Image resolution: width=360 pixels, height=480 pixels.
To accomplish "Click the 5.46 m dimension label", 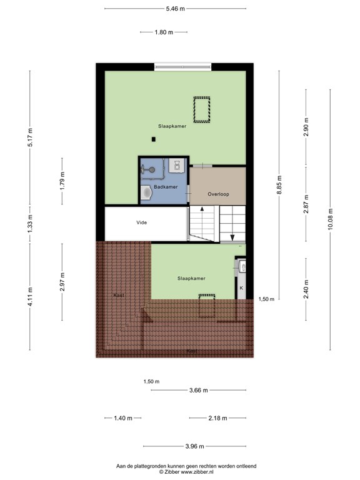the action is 176,9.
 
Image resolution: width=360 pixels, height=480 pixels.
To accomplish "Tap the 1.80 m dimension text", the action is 164,32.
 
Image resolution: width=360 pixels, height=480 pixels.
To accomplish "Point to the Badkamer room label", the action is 166,187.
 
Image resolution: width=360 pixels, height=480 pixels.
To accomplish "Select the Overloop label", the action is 218,194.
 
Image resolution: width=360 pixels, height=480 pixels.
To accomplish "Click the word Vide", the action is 141,222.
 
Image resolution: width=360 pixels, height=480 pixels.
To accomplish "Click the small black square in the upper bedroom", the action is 154,139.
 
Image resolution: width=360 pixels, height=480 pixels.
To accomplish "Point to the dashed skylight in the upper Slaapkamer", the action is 202,109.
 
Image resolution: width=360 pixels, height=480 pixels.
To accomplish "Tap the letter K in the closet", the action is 241,288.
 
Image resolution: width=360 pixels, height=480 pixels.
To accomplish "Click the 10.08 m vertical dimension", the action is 330,219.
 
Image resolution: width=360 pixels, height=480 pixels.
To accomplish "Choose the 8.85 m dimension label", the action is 279,184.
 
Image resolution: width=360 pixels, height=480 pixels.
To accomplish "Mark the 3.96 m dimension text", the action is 195,446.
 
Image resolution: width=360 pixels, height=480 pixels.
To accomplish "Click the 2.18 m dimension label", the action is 218,418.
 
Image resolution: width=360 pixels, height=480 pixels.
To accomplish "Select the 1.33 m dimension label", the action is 30,224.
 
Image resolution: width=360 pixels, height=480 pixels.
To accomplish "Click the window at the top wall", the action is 182,67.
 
